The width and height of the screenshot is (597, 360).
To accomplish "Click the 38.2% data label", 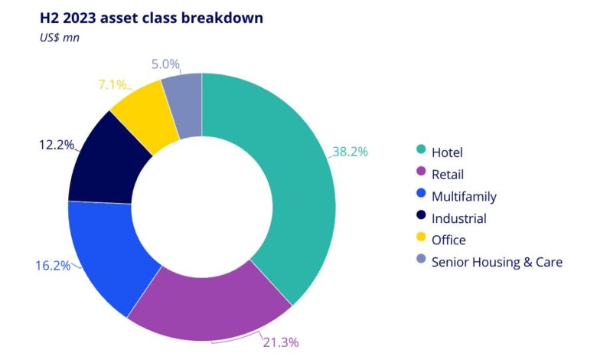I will (x=350, y=152).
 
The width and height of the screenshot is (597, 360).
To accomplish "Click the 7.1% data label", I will (x=114, y=83).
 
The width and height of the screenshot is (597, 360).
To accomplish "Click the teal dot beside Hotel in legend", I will (x=419, y=152).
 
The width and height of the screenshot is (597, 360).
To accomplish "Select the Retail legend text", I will (x=447, y=174).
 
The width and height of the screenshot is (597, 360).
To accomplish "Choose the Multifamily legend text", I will (x=464, y=196).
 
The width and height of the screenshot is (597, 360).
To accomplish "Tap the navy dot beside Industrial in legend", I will (x=419, y=218).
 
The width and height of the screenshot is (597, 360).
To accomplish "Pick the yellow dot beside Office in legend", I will (x=419, y=240).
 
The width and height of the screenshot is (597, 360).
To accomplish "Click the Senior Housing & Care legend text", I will (x=497, y=262).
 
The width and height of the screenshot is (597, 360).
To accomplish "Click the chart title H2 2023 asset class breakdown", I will (x=151, y=17).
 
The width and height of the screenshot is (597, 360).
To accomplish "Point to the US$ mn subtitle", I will (x=60, y=36).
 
